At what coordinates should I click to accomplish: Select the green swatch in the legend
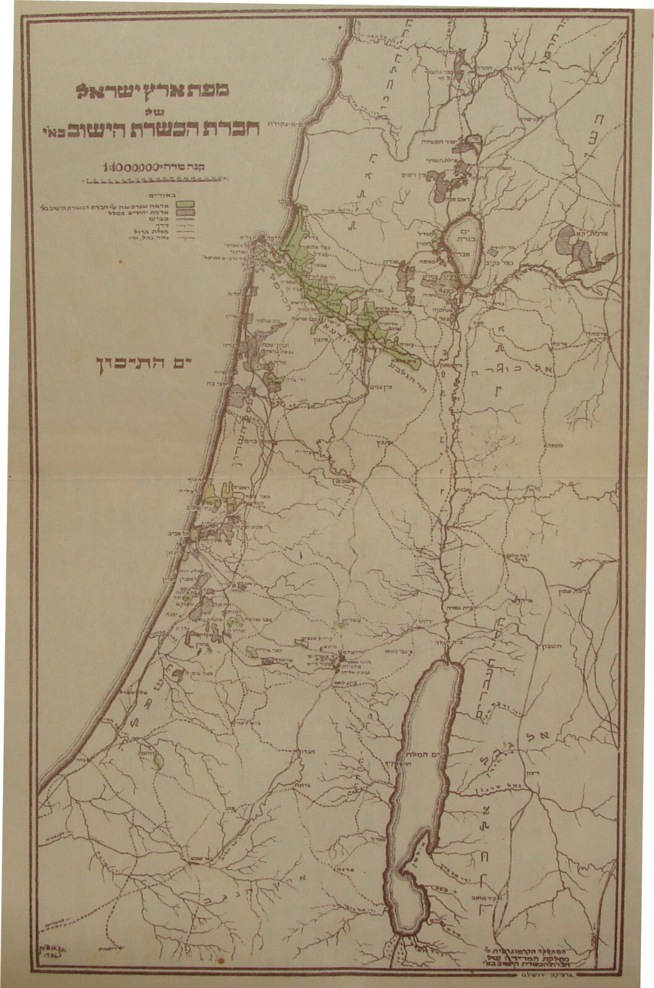184,202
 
